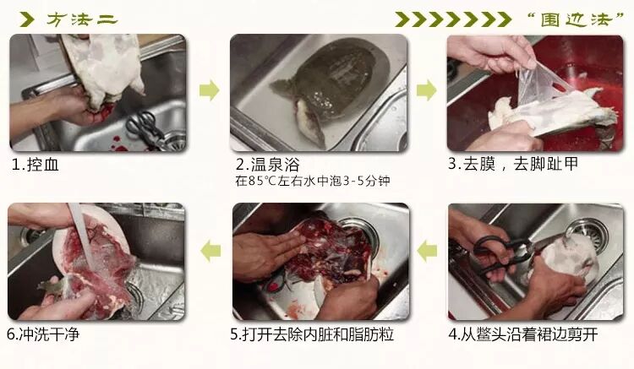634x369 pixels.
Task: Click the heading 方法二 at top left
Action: point(82,19)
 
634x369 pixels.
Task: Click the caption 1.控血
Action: point(36,165)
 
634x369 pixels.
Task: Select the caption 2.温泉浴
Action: point(268,165)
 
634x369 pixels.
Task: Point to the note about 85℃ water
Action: point(313,181)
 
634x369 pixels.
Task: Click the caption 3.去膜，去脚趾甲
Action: point(513,164)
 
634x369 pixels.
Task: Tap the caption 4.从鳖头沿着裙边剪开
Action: point(523,334)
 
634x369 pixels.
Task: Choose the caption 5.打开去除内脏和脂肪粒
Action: point(312,334)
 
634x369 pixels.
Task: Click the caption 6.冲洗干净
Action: point(43,334)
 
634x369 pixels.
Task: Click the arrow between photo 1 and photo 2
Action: point(210,90)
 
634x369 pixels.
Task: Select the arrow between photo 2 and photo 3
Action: point(427,90)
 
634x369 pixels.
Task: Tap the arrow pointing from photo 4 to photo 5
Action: point(428,251)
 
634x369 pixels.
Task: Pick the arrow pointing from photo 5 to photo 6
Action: point(210,251)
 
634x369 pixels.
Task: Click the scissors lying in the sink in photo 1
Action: point(146,128)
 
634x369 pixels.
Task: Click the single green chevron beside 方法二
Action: point(27,19)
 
